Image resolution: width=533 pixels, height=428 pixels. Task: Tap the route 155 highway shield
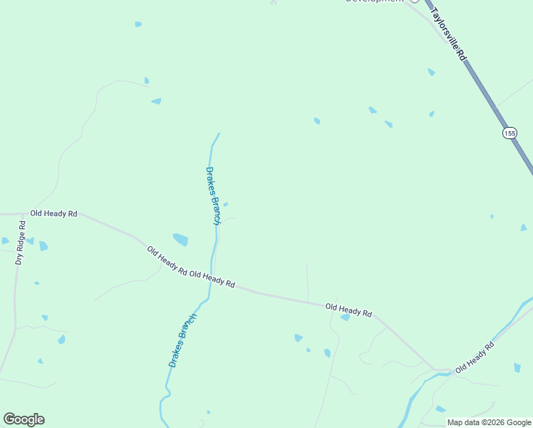509,133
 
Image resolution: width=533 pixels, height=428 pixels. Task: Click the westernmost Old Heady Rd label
53,213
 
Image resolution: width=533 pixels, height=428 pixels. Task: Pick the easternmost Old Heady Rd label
475,357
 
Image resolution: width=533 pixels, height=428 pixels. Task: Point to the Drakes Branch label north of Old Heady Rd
212,195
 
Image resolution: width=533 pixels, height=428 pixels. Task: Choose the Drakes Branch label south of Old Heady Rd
182,340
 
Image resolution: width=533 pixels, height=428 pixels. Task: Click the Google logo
24,419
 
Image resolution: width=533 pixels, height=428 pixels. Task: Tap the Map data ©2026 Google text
490,422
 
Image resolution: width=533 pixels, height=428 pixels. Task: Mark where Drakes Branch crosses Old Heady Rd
212,279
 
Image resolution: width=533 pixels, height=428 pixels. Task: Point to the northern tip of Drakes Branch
218,133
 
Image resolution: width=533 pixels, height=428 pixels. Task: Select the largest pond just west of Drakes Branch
180,239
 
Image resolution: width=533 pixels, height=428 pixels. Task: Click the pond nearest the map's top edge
138,24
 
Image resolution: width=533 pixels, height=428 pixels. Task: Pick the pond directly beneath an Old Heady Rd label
346,317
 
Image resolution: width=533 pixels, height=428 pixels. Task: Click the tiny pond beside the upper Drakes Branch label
226,205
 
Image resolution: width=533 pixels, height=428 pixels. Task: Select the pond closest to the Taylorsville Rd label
431,72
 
